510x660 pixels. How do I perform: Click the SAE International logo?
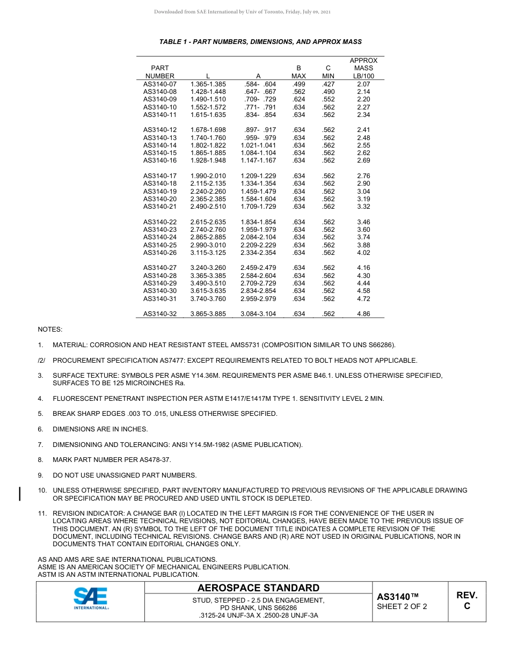coord(91,598)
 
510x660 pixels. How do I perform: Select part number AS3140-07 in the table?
coord(159,84)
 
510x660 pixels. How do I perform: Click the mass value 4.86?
coord(363,314)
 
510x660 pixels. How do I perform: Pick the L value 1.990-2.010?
coord(208,176)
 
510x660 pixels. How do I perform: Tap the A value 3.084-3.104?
coord(258,314)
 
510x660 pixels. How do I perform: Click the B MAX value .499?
coord(298,84)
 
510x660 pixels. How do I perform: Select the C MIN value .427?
coord(328,84)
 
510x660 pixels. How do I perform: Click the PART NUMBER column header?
coord(159,72)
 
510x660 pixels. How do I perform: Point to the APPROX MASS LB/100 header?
coord(363,68)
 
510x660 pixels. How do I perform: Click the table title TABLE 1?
coord(260,41)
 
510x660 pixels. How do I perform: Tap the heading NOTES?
coord(50,329)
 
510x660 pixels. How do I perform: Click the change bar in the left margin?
coord(20,494)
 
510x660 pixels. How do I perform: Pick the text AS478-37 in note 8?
coord(157,460)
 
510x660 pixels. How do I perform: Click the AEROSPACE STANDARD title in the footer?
coord(258,588)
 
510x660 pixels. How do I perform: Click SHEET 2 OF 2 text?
coord(402,607)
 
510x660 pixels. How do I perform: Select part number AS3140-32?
coord(159,314)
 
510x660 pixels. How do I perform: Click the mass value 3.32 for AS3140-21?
coord(363,207)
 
